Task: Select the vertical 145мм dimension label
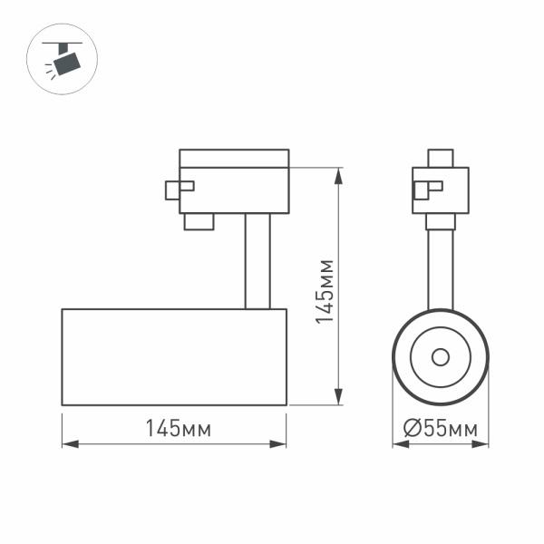324,290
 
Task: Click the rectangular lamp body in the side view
174,356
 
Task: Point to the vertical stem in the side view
257,261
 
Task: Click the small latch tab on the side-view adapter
179,189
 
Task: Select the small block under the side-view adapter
199,221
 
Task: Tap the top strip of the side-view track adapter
234,158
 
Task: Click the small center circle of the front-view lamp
441,356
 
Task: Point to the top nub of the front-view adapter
441,159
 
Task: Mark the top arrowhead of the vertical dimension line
339,174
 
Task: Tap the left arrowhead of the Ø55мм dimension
398,445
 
